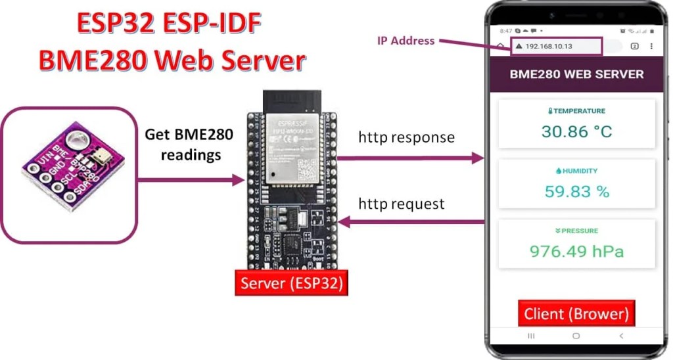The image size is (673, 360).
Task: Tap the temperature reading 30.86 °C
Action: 576,131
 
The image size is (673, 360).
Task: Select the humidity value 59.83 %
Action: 576,191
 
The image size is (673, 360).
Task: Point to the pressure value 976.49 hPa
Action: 576,251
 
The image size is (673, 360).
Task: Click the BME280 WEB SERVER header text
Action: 576,74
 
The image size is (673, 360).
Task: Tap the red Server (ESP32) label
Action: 292,283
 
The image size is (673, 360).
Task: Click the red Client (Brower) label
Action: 576,313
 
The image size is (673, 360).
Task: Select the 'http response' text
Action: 406,137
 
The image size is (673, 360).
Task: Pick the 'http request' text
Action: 401,204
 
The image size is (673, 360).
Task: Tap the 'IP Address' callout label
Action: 406,41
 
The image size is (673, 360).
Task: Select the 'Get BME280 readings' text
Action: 183,145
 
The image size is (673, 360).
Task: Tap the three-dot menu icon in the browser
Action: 651,47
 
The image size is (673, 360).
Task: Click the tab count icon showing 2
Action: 634,47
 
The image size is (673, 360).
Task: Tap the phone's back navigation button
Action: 621,336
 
